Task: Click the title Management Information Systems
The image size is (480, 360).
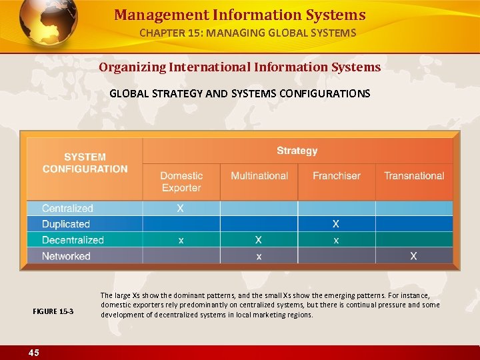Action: point(240,15)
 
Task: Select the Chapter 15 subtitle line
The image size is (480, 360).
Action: point(247,33)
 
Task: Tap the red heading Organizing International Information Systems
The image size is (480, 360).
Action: point(240,67)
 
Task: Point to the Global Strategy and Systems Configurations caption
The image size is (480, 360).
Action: point(240,93)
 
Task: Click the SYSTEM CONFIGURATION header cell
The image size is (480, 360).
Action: point(85,163)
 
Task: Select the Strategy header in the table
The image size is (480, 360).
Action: point(297,151)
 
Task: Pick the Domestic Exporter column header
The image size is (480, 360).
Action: point(181,181)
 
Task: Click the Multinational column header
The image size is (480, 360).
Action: point(259,176)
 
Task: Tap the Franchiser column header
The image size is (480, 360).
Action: point(337,176)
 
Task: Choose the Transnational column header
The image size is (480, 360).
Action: point(414,176)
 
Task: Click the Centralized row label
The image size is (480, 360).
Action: point(67,209)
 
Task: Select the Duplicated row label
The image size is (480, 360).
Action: point(65,224)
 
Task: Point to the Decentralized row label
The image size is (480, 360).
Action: point(73,240)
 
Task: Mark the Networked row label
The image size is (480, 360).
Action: point(66,256)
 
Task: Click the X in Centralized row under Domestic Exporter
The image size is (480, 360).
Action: point(181,209)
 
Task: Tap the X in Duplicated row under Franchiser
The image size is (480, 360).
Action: point(336,224)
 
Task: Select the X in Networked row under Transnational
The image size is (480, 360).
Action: point(414,256)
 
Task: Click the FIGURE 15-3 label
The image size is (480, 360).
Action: point(53,312)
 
